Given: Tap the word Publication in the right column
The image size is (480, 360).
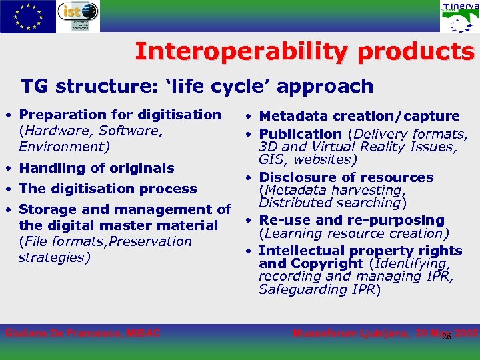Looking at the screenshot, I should (300, 134).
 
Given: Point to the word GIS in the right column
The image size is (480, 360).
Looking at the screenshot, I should (271, 160).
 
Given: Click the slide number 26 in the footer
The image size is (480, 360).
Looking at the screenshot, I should (447, 337).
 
